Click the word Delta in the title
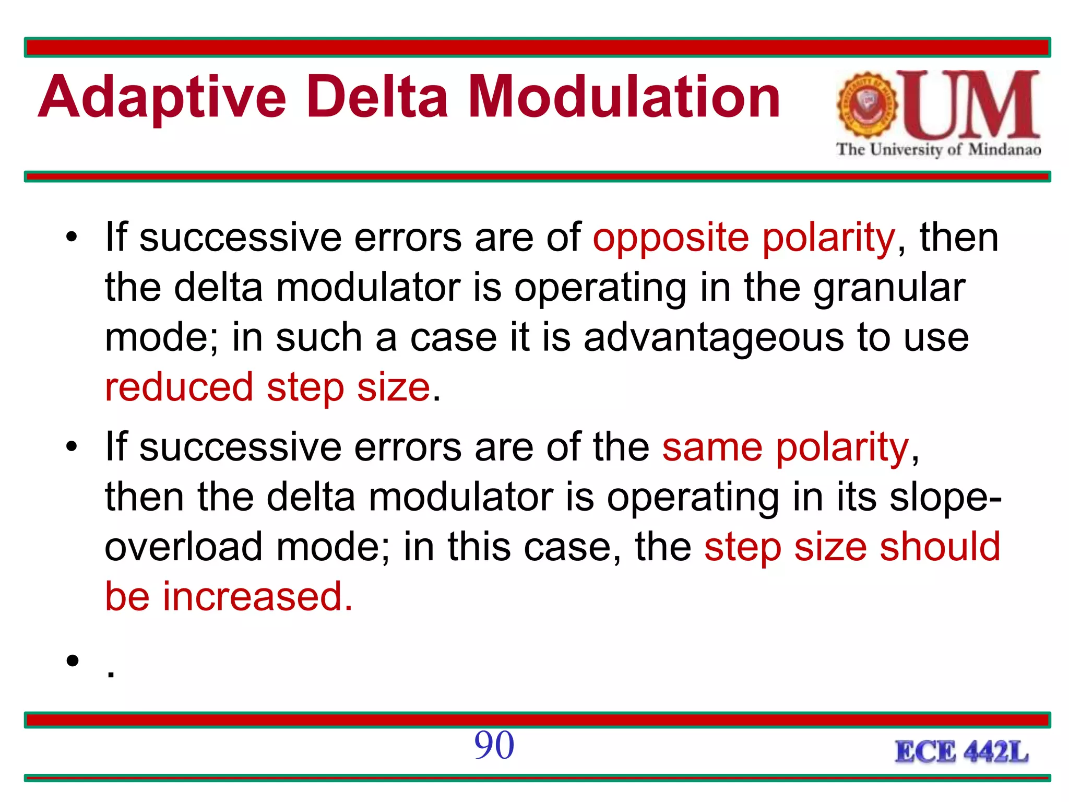tap(377, 97)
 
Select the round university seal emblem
tap(867, 105)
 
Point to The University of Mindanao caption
tap(938, 150)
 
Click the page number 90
tap(494, 745)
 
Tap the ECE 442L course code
tap(961, 752)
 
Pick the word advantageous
tap(713, 338)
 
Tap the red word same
tap(712, 448)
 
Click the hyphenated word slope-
tap(945, 498)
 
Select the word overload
tap(183, 547)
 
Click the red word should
tap(940, 547)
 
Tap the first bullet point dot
tap(72, 238)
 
